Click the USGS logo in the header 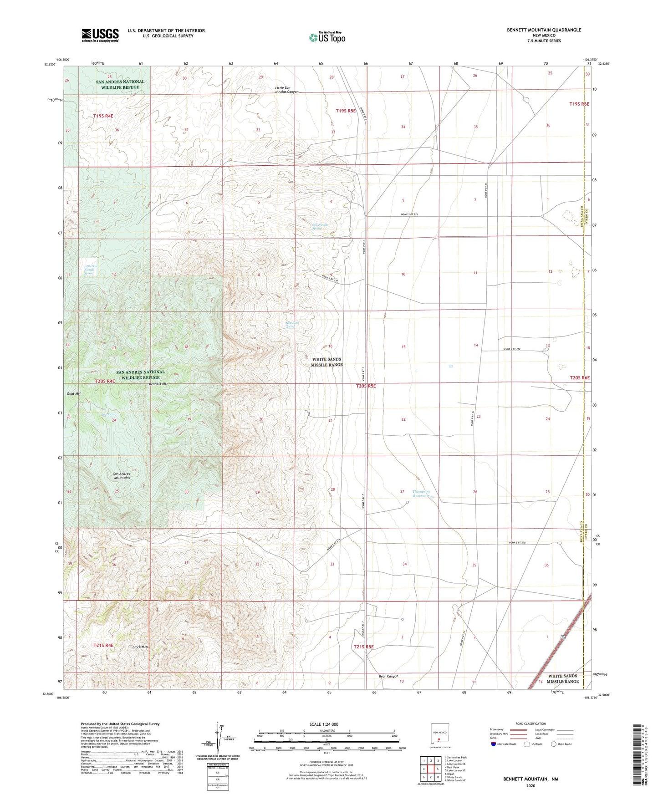[100, 35]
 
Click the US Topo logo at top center [326, 37]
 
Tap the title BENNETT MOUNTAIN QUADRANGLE [544, 30]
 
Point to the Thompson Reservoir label [421, 494]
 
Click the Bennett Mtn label [158, 384]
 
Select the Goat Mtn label [74, 393]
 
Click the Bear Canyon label [388, 677]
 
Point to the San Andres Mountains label [122, 476]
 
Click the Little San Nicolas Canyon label [286, 90]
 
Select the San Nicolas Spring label [320, 226]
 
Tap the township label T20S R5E [366, 386]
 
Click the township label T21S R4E [103, 645]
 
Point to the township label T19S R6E [579, 104]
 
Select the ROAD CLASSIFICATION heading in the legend [530, 724]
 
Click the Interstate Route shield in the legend [494, 744]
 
